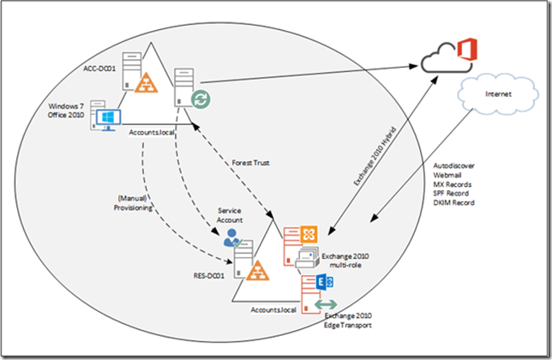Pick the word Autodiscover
[x=457, y=166]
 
